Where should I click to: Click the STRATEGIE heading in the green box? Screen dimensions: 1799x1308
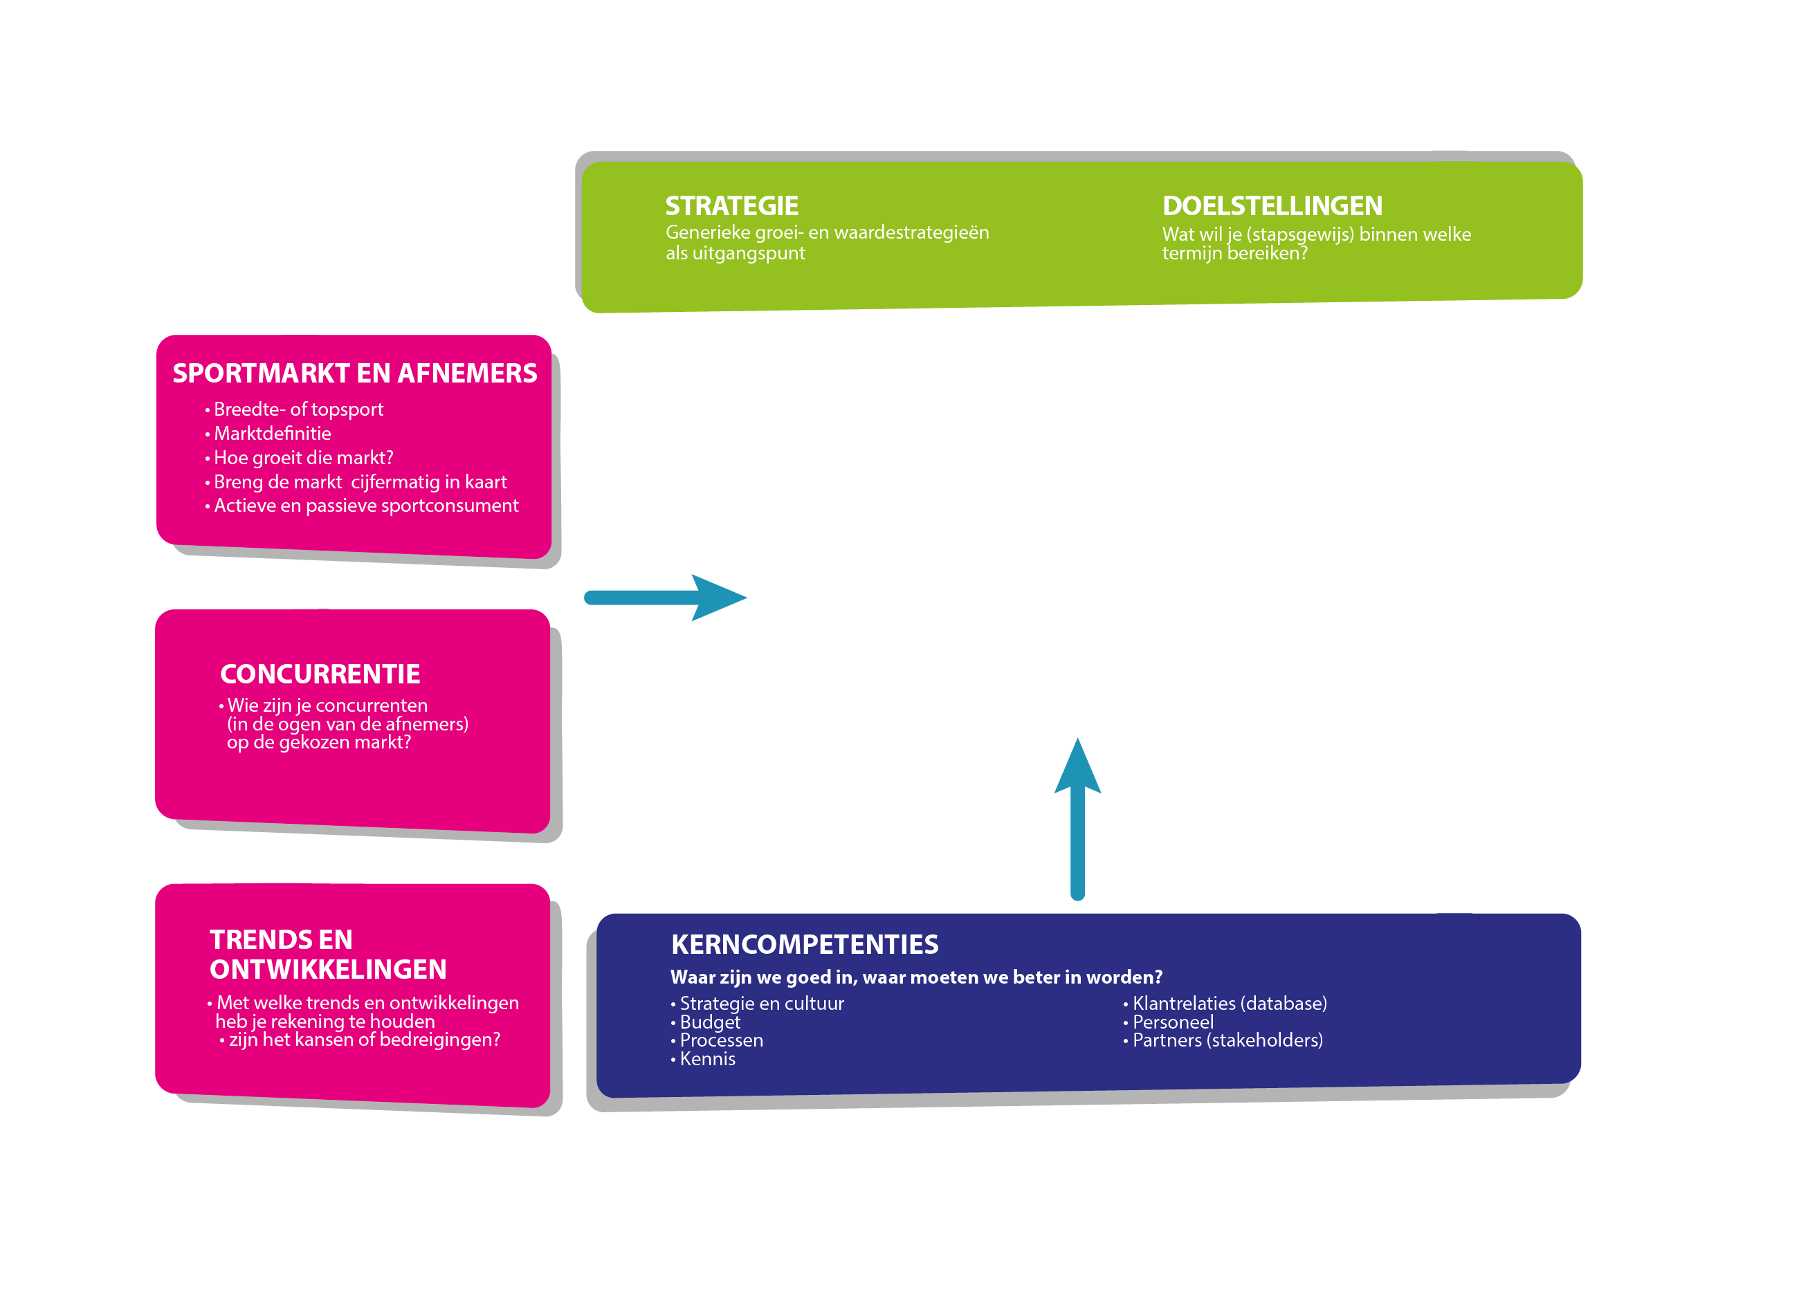click(731, 206)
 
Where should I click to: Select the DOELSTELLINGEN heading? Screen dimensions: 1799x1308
click(1272, 206)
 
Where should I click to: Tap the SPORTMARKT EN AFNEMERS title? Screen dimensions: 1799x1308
click(354, 374)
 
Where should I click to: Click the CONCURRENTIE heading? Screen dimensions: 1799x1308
click(320, 674)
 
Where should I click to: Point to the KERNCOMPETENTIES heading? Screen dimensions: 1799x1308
click(804, 944)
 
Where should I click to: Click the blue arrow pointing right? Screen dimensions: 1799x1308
click(666, 598)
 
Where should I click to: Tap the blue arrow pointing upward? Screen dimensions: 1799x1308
click(1077, 819)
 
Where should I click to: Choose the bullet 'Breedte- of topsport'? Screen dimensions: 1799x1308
click(294, 410)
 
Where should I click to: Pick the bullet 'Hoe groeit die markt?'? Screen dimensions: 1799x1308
click(299, 457)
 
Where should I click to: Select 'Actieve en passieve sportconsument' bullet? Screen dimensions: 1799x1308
click(362, 506)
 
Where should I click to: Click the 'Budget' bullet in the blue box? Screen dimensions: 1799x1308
click(705, 1022)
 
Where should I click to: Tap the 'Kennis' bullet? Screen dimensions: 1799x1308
click(703, 1059)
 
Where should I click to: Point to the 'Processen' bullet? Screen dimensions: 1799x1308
click(716, 1041)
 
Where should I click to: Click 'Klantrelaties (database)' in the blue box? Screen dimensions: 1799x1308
click(1225, 1004)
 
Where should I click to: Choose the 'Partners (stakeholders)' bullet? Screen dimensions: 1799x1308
click(1223, 1041)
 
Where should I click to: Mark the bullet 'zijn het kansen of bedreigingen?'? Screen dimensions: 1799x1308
click(359, 1040)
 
